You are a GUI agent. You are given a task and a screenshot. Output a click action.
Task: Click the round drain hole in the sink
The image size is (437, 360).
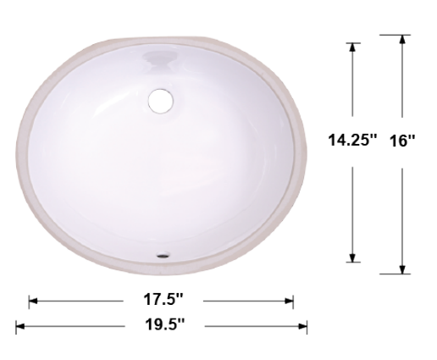click(159, 99)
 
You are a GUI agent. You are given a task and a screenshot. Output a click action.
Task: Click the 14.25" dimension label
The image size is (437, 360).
click(352, 141)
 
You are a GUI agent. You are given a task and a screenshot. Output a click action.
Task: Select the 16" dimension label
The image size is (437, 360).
click(404, 141)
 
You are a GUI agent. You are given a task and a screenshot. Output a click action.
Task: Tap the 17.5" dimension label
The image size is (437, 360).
click(162, 300)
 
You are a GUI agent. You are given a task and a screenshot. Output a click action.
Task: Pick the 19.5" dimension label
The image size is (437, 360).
click(162, 324)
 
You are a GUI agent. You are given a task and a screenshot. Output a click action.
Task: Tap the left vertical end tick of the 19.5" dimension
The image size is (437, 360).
click(16, 324)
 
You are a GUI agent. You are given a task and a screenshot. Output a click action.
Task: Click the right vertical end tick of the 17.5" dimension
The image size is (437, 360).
click(293, 300)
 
